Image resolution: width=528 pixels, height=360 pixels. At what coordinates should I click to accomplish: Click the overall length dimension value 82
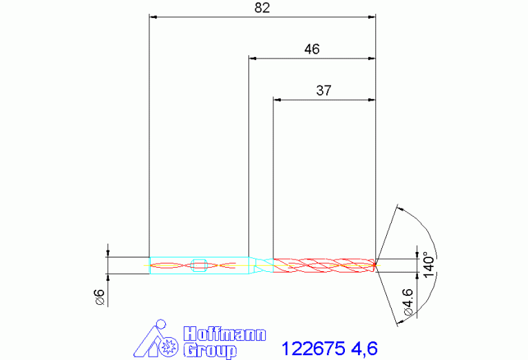click(262, 8)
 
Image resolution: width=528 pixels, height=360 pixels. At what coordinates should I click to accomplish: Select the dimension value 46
click(312, 49)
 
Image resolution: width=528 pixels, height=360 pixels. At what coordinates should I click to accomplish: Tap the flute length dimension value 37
click(324, 90)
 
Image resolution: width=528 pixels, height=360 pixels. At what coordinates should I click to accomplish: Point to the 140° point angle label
click(429, 265)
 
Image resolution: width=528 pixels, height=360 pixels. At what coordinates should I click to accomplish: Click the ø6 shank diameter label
click(101, 297)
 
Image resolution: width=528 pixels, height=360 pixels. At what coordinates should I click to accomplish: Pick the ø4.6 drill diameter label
click(408, 301)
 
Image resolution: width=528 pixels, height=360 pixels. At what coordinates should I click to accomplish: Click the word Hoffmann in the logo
click(224, 334)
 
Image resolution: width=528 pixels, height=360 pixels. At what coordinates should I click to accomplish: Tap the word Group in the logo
click(210, 351)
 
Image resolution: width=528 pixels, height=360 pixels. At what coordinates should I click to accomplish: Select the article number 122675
click(313, 348)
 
